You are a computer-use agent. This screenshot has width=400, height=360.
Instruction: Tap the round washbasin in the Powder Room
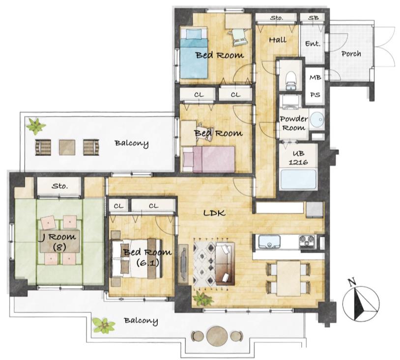[x=317, y=119]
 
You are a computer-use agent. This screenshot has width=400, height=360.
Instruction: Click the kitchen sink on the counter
[x=269, y=242]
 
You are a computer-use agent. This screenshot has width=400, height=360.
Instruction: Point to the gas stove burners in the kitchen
[x=308, y=242]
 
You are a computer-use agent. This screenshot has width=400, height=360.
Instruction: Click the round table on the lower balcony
[x=217, y=336]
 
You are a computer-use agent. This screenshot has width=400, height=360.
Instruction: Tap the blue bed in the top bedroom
[x=194, y=53]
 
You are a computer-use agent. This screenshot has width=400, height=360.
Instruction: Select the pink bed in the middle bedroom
[x=209, y=159]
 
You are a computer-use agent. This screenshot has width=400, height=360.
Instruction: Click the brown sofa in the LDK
[x=225, y=264]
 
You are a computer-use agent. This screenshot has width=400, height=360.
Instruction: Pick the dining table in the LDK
[x=288, y=278]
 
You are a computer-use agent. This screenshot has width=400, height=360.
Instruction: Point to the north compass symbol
[x=361, y=302]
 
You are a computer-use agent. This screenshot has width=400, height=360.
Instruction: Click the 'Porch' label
[x=351, y=54]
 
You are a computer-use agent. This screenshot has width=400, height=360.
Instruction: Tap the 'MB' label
[x=315, y=77]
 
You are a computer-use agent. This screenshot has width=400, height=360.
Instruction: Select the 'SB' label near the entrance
[x=313, y=18]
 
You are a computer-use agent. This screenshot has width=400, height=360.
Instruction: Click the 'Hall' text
[x=278, y=40]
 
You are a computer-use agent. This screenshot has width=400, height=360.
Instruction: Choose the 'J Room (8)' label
[x=58, y=242]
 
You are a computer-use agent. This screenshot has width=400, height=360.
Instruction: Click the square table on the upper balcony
[x=67, y=147]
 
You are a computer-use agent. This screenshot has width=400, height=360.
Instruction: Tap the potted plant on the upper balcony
[x=35, y=125]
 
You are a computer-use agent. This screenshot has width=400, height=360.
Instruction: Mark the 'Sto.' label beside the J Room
[x=60, y=186]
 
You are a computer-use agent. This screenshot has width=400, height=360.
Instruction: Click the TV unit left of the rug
[x=183, y=264]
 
